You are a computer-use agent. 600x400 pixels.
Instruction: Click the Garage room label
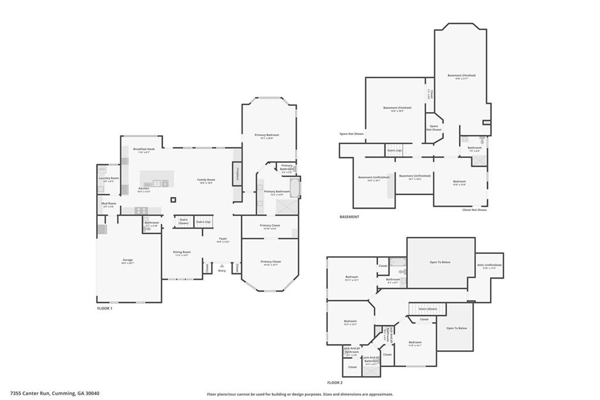(x=128, y=260)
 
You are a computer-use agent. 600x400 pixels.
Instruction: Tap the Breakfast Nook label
(x=144, y=150)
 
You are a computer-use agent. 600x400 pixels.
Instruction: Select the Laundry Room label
(x=108, y=178)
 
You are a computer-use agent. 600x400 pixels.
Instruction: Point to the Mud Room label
(x=109, y=204)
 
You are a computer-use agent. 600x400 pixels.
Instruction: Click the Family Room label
(x=206, y=180)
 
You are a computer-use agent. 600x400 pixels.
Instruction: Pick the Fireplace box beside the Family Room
(x=237, y=174)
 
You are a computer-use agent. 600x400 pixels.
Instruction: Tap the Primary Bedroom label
(x=267, y=135)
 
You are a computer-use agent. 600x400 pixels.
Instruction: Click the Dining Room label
(x=182, y=253)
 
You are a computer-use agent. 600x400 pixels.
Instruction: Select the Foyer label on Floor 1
(x=223, y=239)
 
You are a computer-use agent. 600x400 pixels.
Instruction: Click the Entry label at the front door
(x=221, y=270)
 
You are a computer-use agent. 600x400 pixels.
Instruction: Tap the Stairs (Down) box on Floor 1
(x=183, y=221)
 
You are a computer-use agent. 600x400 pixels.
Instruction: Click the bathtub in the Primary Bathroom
(x=294, y=186)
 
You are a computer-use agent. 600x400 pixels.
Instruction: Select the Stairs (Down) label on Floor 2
(x=427, y=309)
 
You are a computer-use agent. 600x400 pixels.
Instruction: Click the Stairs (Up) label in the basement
(x=395, y=150)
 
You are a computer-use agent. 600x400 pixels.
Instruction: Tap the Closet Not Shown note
(x=474, y=209)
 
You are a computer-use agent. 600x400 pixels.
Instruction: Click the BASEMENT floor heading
(x=349, y=217)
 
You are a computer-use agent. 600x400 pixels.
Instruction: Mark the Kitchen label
(x=144, y=189)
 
